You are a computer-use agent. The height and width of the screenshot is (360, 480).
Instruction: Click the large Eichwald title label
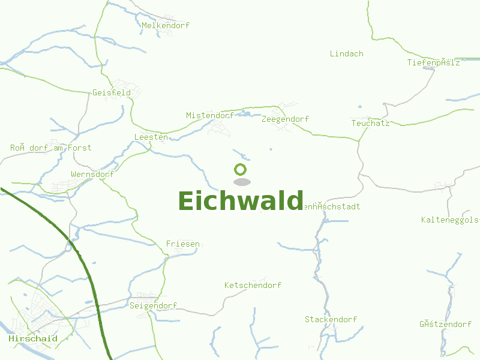pos(240,201)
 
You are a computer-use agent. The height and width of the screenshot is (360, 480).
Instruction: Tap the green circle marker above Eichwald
pos(241,170)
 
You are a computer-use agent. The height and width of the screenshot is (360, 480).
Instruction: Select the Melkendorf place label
pos(166,25)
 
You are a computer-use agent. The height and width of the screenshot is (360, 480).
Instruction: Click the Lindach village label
pos(347,53)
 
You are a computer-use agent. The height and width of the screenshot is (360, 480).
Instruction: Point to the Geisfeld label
pos(112,92)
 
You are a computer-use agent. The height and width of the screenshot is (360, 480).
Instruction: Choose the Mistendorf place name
pos(210,115)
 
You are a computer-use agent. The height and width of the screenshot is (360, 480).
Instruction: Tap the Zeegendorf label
pos(285,119)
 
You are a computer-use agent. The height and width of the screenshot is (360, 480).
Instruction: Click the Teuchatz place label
pos(370,123)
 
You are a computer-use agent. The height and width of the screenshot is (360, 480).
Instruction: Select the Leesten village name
pos(151,137)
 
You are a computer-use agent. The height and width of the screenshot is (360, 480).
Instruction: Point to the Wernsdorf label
pos(92,174)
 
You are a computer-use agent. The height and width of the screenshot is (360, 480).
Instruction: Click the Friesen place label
pos(182,244)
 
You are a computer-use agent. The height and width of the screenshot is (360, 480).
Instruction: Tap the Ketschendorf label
pos(253,285)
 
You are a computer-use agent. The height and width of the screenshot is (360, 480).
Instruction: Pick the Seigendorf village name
pos(153,305)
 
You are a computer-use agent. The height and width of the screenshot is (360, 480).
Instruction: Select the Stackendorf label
pos(331,319)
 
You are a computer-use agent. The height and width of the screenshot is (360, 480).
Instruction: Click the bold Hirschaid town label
pos(33,338)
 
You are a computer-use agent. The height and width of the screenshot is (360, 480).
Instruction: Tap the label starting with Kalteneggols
pos(450,220)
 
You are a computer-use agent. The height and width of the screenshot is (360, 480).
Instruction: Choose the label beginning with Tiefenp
pos(433,62)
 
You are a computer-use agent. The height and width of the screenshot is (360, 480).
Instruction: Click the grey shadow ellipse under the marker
pos(242,182)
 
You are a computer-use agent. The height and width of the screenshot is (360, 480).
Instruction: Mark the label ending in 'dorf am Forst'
pos(51,148)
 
